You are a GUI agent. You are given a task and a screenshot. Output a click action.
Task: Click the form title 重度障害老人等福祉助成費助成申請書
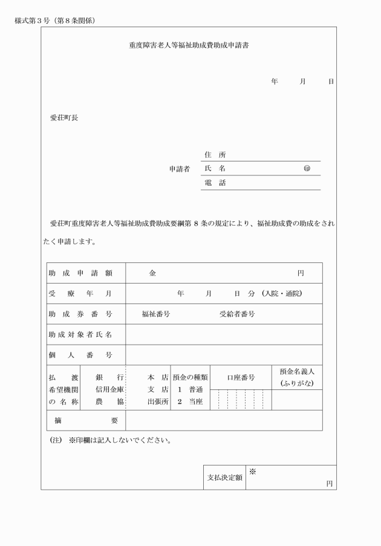[x=189, y=45]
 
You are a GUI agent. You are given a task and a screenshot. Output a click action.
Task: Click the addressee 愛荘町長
[x=63, y=118]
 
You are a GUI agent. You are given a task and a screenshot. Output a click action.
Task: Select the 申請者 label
[x=179, y=169]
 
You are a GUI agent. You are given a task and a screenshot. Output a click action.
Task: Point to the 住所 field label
[x=215, y=155]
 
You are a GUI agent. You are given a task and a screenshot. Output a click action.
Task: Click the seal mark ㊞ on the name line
[x=307, y=169]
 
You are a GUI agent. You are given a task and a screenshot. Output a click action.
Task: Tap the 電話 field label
[x=215, y=183]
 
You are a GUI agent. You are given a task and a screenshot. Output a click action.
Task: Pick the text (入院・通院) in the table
[x=282, y=294]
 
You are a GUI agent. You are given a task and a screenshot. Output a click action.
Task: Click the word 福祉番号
[x=155, y=314]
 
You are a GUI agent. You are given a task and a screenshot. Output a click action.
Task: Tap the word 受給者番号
[x=237, y=314]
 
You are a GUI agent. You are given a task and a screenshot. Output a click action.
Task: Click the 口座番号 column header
[x=241, y=378]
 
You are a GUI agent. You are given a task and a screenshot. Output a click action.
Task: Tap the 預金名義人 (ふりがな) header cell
[x=297, y=378]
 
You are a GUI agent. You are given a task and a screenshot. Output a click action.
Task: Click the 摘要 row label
[x=86, y=420]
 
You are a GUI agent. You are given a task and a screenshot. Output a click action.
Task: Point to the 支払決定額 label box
[x=224, y=477]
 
